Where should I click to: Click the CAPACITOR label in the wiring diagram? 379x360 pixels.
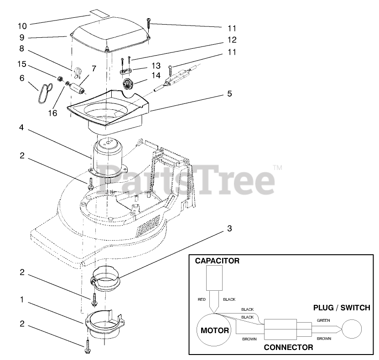[x=217, y=261]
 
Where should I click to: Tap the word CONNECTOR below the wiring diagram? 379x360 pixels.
[x=289, y=347]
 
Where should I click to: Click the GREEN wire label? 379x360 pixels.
[x=323, y=320]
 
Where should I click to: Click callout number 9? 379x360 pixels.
[x=22, y=38]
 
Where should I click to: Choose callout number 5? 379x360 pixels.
[x=229, y=94]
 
